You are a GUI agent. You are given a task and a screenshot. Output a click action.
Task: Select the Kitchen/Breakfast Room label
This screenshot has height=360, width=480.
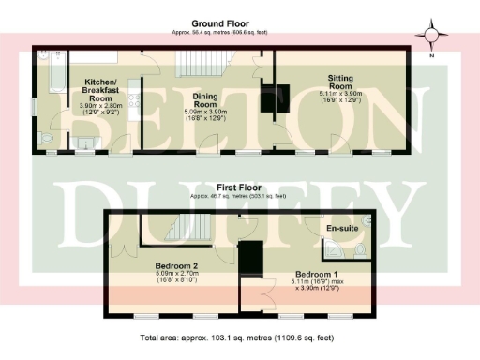coord(98,90)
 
